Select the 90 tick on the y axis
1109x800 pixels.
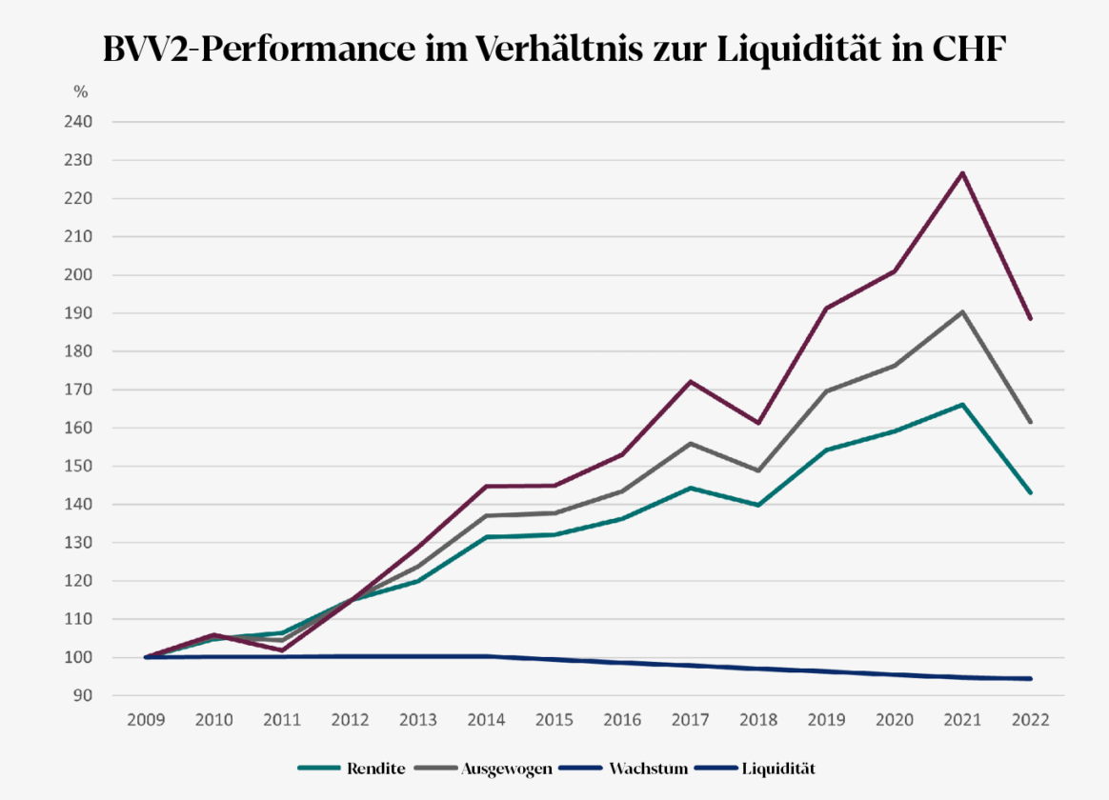[83, 695]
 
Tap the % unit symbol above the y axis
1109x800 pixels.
[81, 92]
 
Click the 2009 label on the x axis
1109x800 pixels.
[146, 720]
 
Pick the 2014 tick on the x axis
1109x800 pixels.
[487, 720]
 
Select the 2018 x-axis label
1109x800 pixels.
[759, 720]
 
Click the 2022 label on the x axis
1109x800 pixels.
[1031, 720]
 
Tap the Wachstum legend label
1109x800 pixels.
[648, 768]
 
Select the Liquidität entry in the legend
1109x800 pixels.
[778, 768]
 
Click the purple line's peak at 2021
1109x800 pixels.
[963, 172]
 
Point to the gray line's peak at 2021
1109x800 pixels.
[963, 311]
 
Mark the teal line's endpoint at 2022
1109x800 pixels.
[1031, 492]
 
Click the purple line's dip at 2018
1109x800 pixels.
[759, 423]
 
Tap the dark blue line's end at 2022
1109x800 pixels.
[1031, 678]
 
